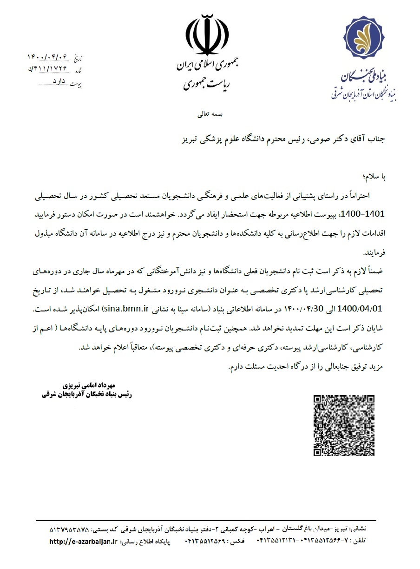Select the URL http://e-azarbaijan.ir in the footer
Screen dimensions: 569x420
[x=83, y=542]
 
